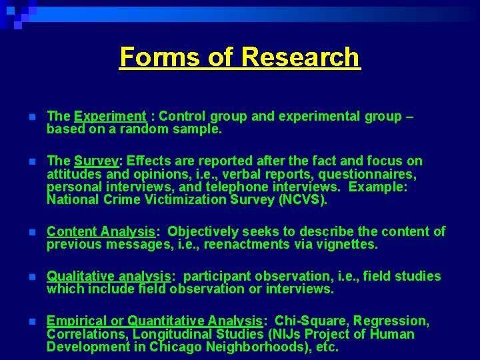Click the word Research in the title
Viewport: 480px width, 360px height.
pos(299,57)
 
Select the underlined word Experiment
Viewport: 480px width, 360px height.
pos(110,117)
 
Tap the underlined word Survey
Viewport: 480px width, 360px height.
pos(97,161)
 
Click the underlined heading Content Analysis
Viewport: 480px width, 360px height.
pos(101,232)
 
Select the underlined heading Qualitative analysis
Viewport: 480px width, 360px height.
pos(109,276)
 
